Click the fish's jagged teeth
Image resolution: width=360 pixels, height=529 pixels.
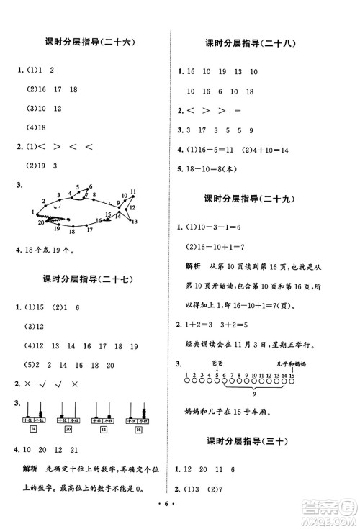tap(52, 216)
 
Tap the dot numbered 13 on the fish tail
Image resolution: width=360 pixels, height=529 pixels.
tap(133, 221)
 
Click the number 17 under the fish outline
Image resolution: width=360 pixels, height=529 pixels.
tap(89, 230)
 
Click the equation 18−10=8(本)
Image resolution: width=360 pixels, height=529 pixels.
tap(216, 171)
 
